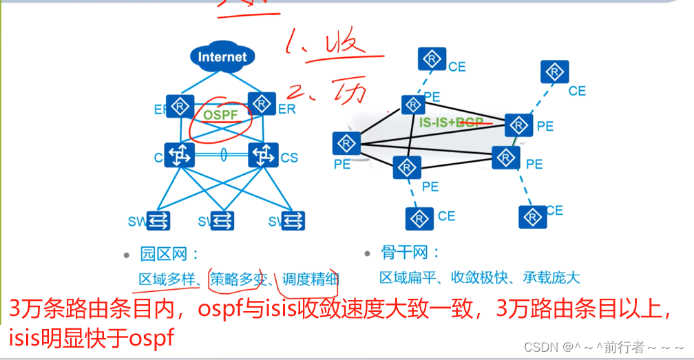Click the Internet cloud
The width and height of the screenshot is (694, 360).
(222, 56)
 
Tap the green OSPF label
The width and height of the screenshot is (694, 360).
(221, 114)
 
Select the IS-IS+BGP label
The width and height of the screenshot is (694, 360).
(451, 121)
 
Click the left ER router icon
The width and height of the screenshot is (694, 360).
(180, 107)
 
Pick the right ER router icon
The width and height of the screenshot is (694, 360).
(261, 104)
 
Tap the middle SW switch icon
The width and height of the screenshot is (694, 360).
(222, 220)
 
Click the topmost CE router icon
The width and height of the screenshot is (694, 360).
(432, 59)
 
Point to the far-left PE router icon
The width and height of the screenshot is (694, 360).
(346, 143)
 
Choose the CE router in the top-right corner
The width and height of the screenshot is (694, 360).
(554, 72)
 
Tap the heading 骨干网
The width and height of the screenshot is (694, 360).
(410, 253)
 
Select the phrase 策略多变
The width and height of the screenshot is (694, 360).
(238, 278)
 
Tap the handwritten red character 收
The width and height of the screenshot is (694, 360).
(342, 45)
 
